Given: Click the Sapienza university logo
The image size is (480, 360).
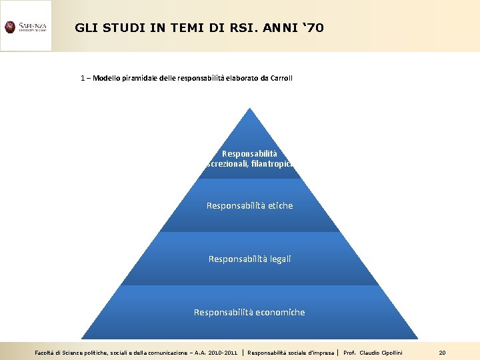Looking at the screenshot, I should coord(25,27).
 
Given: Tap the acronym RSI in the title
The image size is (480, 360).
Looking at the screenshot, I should coord(238,28).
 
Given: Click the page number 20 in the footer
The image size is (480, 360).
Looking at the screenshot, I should coord(442,352).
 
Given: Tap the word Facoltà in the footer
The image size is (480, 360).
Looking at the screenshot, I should coord(45,352).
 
